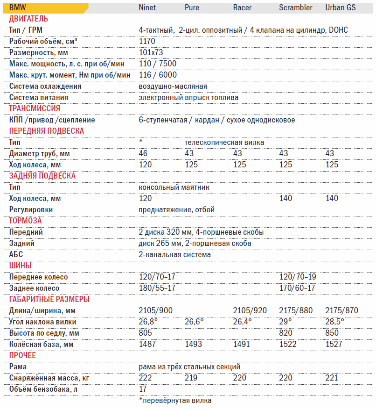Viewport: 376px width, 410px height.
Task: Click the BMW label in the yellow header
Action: point(18,7)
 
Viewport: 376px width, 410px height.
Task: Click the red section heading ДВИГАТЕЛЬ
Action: point(28,19)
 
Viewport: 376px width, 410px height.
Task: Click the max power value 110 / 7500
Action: point(158,64)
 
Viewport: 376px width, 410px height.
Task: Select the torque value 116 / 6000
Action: point(158,75)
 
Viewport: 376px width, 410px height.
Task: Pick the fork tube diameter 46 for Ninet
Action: point(144,153)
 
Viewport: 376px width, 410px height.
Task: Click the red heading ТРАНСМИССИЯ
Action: point(35,108)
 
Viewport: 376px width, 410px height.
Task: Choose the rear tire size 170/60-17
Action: point(297,288)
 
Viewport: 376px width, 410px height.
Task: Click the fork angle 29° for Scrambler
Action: point(285,322)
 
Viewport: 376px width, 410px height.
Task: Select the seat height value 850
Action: point(332,333)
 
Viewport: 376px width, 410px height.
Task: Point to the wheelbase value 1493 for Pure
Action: point(194,344)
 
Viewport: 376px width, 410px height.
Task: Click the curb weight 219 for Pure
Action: point(191,378)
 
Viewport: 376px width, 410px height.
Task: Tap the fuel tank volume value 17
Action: point(143,389)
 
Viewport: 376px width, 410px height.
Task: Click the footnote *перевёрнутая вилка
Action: point(175,401)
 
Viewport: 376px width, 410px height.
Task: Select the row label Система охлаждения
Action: point(45,86)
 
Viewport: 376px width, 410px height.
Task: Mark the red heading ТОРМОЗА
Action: point(25,221)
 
